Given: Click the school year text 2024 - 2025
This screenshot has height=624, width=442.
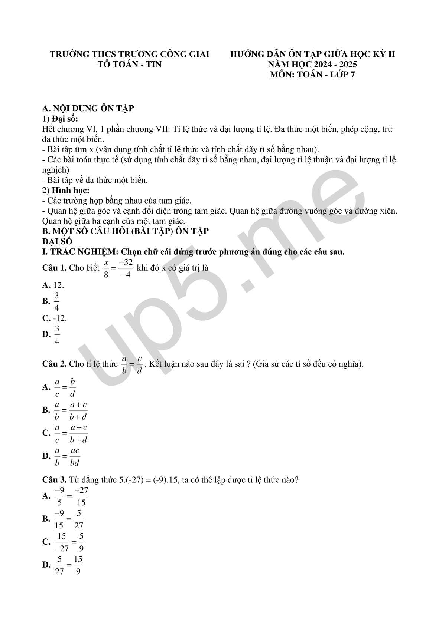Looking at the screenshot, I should pos(336,65).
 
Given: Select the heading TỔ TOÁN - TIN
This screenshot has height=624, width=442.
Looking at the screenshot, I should pos(129,65).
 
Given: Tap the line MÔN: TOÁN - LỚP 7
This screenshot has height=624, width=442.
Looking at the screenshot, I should pos(312,75).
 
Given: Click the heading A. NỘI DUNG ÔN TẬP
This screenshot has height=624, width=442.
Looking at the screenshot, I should pos(88,109).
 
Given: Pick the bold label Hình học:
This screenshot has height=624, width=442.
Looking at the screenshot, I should pos(71,191).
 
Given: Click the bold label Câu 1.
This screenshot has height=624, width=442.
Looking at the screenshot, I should pos(54,268).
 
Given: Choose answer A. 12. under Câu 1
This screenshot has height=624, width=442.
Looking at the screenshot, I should pos(53,285).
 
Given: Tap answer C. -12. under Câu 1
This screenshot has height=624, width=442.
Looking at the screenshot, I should pos(55,318).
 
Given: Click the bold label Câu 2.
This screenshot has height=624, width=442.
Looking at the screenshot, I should pos(54,364).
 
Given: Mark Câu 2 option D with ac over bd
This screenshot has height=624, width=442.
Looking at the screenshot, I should pos(61,456).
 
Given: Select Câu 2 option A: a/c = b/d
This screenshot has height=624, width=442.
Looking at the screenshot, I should pos(59,387).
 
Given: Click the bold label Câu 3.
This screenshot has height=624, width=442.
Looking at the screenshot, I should pos(54,480).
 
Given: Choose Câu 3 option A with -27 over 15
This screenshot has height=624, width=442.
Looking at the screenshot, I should pos(66,496).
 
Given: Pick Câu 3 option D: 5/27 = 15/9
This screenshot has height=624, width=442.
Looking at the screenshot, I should pos(62,565).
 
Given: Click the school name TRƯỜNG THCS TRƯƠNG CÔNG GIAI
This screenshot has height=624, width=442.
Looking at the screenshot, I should pos(130,54).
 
